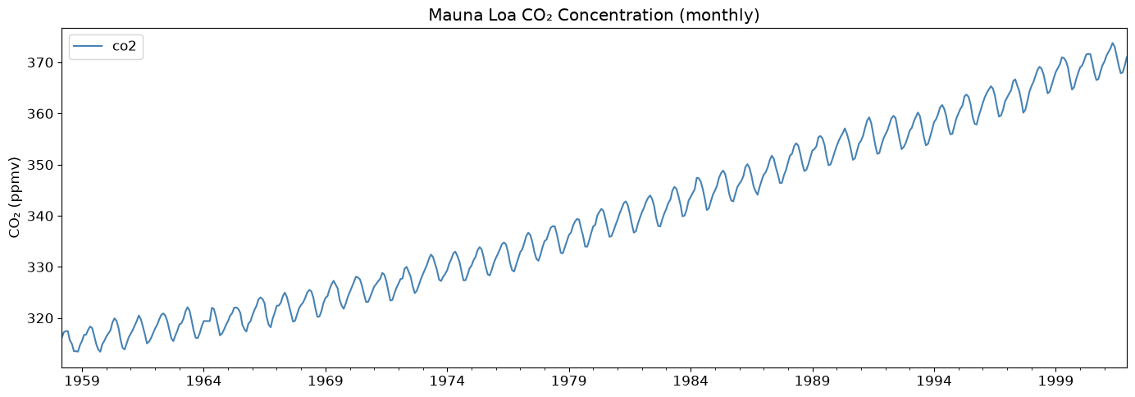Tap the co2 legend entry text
click(124, 46)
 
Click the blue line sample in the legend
click(89, 46)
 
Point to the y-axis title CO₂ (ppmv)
click(14, 197)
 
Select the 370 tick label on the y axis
click(40, 63)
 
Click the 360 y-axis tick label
click(40, 114)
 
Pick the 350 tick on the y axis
click(40, 166)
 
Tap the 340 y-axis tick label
click(40, 216)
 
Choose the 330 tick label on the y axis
click(40, 267)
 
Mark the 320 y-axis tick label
click(40, 318)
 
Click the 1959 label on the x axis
click(82, 381)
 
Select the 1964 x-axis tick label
click(203, 381)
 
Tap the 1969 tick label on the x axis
click(326, 381)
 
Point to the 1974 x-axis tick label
click(448, 381)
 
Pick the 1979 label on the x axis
click(569, 381)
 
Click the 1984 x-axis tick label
click(691, 381)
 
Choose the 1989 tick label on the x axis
click(813, 381)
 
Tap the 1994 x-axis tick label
click(934, 381)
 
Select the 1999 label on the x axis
click(1056, 381)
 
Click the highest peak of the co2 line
click(1112, 43)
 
